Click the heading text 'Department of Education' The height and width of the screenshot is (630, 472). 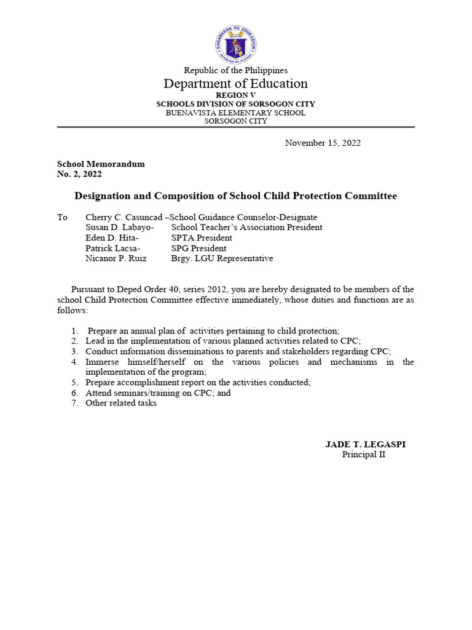235,84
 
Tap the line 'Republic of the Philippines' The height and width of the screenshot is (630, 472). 235,71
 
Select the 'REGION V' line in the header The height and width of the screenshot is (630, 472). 235,95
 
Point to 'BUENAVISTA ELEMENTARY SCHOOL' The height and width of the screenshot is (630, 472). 235,113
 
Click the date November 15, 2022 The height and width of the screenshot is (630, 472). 323,143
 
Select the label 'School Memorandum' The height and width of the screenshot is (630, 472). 101,164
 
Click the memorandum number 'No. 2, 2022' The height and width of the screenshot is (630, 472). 79,174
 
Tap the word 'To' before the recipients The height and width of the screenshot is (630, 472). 62,217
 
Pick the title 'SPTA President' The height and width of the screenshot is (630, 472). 202,238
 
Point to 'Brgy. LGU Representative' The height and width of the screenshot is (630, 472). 222,259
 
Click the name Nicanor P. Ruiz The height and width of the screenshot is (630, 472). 116,259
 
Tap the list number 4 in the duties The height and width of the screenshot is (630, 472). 74,362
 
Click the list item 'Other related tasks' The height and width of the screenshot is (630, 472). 121,403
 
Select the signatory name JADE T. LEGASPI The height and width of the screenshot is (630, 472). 365,444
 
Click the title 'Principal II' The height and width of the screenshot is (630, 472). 364,455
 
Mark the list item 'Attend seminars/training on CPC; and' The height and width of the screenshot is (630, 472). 158,393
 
